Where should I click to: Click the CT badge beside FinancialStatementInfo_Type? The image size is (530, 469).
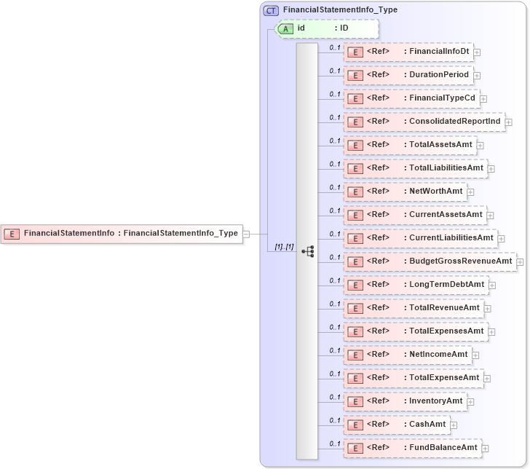click(x=271, y=10)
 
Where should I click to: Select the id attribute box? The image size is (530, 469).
click(x=328, y=28)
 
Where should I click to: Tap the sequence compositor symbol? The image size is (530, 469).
click(x=307, y=251)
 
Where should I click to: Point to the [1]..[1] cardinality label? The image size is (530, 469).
click(x=284, y=247)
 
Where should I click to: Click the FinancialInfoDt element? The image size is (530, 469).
click(x=408, y=52)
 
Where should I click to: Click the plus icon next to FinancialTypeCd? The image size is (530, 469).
click(x=483, y=99)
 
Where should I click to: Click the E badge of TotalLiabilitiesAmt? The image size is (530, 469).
click(x=355, y=168)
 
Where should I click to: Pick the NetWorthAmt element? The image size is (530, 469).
click(x=405, y=192)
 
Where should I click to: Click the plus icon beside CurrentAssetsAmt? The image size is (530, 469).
click(x=491, y=216)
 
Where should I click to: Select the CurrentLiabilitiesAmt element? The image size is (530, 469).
click(x=420, y=238)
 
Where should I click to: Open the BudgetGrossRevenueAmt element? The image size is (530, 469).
click(x=430, y=261)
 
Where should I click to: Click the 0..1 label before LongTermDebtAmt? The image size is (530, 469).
click(x=335, y=280)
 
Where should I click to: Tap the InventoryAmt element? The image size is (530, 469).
click(x=405, y=401)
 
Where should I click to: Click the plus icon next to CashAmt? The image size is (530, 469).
click(x=454, y=425)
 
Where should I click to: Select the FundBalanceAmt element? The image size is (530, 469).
click(x=412, y=448)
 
